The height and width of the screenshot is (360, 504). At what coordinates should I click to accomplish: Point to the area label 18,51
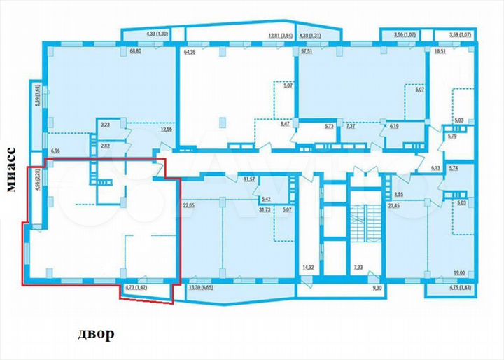441,51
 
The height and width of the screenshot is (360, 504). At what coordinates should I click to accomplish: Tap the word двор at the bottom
96,334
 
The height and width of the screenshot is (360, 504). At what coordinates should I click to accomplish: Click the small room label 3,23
106,124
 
